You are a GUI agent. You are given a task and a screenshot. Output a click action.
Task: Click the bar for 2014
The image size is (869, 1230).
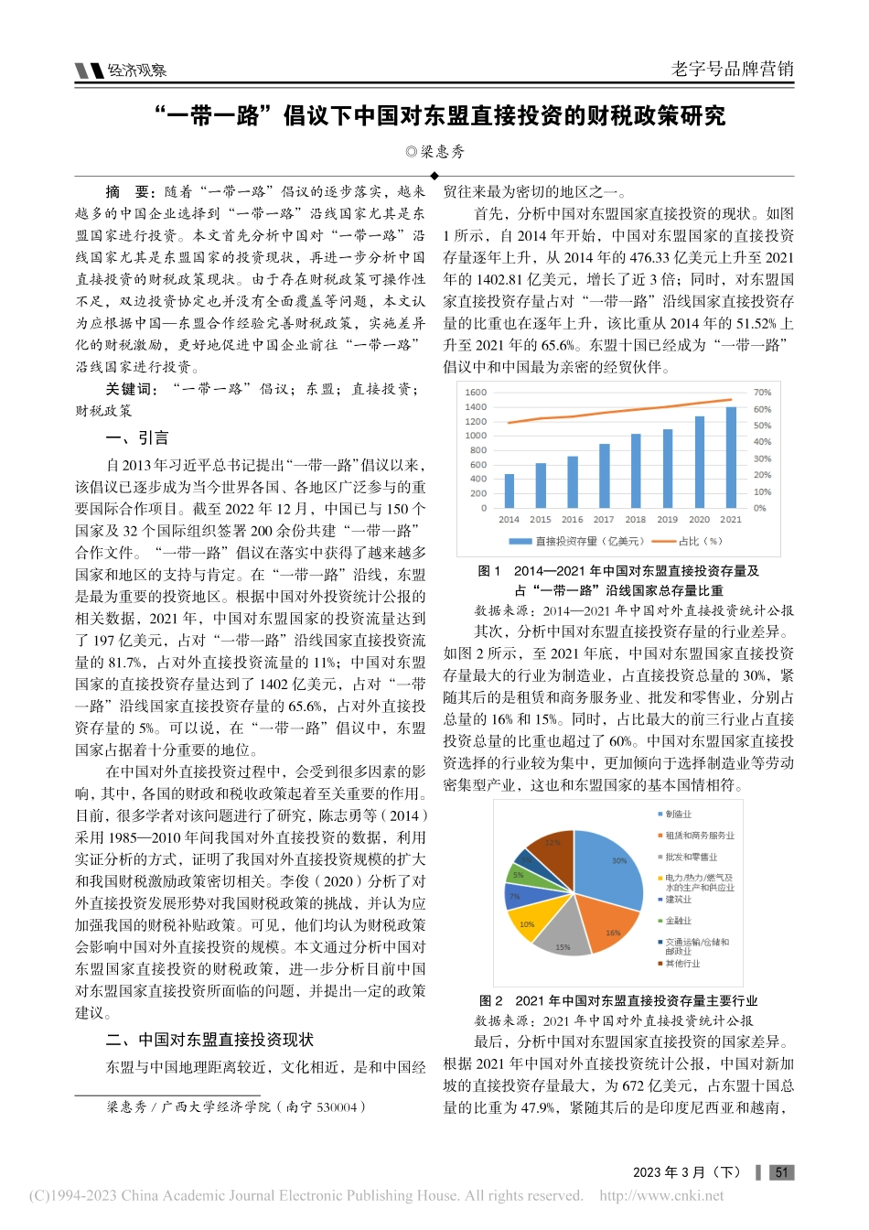tap(510, 491)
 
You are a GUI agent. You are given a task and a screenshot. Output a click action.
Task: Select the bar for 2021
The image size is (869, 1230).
tap(731, 458)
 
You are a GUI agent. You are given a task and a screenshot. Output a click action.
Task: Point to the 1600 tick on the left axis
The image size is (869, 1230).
tap(476, 393)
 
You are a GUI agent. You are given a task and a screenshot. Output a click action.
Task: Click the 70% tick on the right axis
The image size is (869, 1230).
tap(762, 393)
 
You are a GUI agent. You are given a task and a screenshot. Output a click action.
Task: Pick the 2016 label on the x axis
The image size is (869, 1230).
tap(573, 520)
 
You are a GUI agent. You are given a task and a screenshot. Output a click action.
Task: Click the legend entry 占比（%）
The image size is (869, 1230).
tap(688, 541)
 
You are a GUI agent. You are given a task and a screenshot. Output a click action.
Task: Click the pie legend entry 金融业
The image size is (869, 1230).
tap(678, 921)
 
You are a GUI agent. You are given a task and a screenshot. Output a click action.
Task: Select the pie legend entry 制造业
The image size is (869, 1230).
tap(678, 814)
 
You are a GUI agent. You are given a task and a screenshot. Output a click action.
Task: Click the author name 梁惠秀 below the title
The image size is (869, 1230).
tap(441, 151)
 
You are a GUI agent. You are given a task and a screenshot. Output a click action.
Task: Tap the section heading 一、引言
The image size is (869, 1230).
tap(137, 437)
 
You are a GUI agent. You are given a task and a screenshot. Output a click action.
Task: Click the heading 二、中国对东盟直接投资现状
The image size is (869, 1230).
tap(209, 1040)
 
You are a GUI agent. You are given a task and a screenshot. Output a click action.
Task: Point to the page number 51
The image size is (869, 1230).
tap(780, 1172)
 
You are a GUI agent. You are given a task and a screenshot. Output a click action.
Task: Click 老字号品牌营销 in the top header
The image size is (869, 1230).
tap(732, 69)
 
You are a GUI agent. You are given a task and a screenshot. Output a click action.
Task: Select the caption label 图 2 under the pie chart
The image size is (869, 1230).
tap(491, 1000)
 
